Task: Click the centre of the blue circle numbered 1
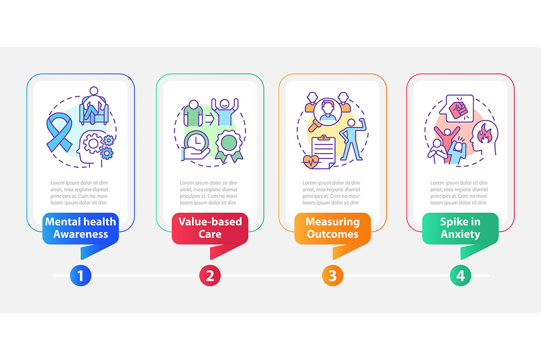[x=80, y=276]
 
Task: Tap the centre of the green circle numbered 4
[x=460, y=276]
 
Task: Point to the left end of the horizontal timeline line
[x=53, y=276]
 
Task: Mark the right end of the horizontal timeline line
[x=489, y=276]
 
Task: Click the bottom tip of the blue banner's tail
[x=82, y=259]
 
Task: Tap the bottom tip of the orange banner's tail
[x=333, y=259]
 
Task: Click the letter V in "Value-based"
[x=182, y=222]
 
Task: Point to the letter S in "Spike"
[x=443, y=222]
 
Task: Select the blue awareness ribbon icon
[x=59, y=132]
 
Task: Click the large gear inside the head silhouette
[x=93, y=143]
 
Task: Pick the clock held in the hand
[x=197, y=142]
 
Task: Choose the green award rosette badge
[x=229, y=146]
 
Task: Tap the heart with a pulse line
[x=311, y=161]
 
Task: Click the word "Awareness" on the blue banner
[x=81, y=234]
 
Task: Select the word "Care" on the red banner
[x=210, y=234]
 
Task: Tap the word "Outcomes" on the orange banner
[x=333, y=234]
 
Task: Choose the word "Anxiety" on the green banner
[x=460, y=235]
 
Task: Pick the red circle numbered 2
[x=210, y=276]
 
